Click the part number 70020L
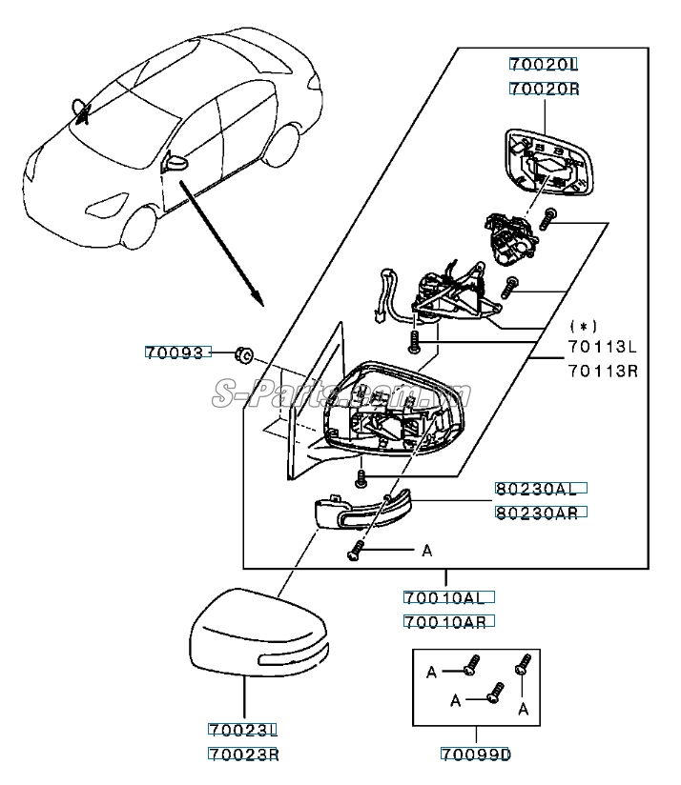[x=544, y=65]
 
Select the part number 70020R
[x=544, y=89]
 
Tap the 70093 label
[x=175, y=352]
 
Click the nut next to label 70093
[x=242, y=356]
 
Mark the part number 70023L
[x=242, y=732]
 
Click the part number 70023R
[x=242, y=755]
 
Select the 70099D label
[x=475, y=755]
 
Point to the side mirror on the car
[x=174, y=161]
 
